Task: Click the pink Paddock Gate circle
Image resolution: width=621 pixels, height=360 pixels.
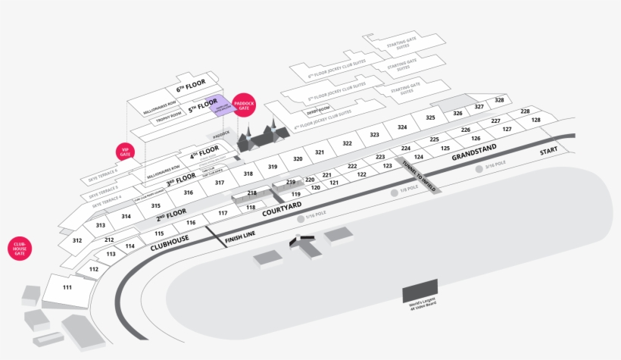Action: click(244, 105)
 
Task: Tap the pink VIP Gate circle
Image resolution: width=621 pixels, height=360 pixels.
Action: click(125, 152)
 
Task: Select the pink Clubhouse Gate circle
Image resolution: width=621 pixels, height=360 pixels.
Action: click(20, 249)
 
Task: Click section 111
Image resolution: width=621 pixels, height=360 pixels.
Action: click(67, 287)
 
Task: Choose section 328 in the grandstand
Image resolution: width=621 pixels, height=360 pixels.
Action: click(499, 100)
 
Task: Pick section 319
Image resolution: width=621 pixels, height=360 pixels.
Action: click(273, 166)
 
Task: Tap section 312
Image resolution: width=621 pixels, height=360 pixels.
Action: click(77, 240)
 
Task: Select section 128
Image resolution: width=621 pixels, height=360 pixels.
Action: click(535, 121)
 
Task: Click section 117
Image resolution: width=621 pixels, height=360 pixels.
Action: click(223, 214)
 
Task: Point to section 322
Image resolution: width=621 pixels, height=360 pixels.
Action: click(347, 143)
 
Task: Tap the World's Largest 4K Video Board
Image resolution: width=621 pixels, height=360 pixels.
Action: click(420, 293)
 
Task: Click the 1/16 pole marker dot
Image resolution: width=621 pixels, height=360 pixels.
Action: click(301, 218)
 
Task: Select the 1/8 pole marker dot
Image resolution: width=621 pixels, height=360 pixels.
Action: click(394, 193)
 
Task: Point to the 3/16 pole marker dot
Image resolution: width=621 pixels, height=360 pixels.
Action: click(479, 168)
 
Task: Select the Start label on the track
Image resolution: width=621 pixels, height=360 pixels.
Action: click(548, 152)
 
